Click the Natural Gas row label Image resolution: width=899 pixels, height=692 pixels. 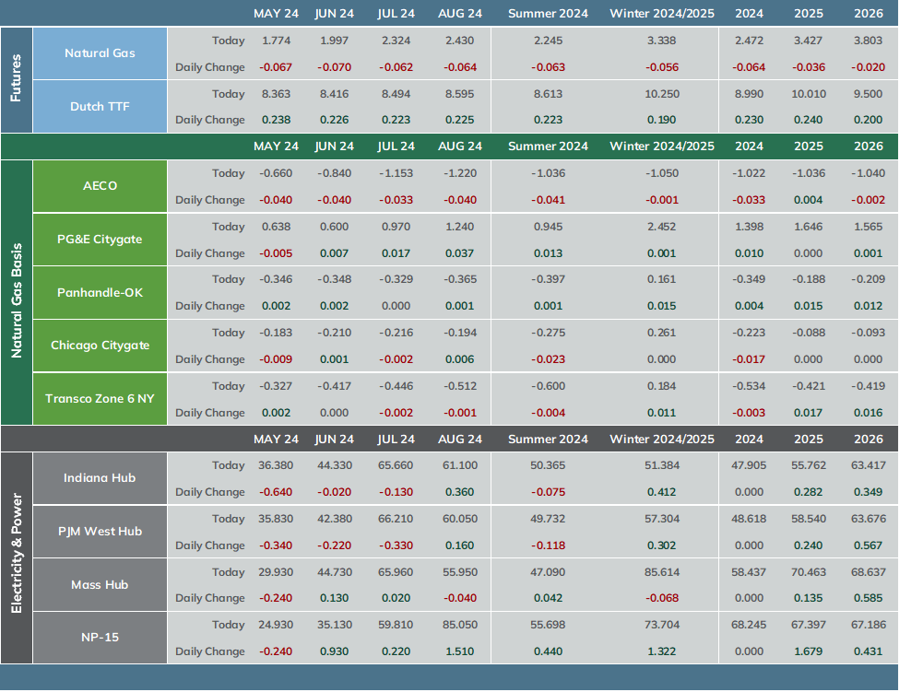[x=100, y=53]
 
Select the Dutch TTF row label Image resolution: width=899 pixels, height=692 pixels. [x=100, y=107]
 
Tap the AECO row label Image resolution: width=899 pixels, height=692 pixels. [x=100, y=185]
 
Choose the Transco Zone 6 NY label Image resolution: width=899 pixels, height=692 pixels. [x=100, y=399]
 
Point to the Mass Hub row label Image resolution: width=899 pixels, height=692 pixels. [x=100, y=585]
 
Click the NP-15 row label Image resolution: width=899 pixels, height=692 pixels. [x=100, y=638]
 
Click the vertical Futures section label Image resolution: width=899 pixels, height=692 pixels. [x=16, y=78]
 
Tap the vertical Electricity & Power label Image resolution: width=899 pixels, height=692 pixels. [x=16, y=554]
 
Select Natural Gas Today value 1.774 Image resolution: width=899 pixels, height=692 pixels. [x=277, y=41]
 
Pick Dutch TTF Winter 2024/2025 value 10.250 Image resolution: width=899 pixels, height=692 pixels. [x=662, y=94]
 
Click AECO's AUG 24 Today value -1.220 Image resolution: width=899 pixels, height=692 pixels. [x=460, y=173]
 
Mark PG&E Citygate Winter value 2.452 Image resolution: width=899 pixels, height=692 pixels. [x=662, y=227]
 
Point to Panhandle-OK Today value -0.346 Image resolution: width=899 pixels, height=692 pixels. [x=276, y=279]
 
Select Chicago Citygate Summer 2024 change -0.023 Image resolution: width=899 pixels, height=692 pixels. [x=548, y=359]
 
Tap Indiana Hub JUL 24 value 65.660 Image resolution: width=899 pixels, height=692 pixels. [x=396, y=465]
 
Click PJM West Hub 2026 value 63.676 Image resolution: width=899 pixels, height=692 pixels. [x=869, y=519]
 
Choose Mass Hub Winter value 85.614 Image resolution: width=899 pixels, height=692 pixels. [x=662, y=571]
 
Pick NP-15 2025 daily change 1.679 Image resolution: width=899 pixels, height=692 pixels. [x=809, y=651]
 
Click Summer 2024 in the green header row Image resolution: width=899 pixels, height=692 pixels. [x=548, y=147]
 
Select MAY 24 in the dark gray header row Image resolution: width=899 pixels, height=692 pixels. [x=276, y=440]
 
